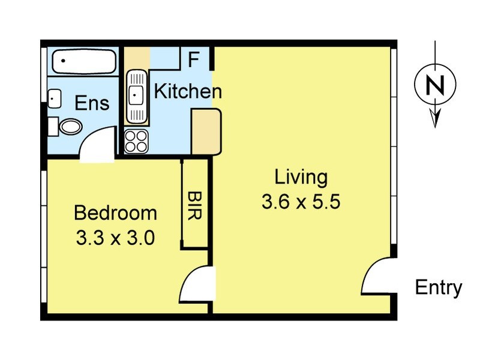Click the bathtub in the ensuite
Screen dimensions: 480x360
[84, 62]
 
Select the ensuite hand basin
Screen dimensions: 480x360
[55, 98]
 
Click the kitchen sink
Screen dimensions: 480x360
[137, 97]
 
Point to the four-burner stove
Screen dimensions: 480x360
[136, 141]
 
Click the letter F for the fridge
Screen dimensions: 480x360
[193, 59]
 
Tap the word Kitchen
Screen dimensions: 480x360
[188, 91]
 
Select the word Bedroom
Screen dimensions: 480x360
[115, 213]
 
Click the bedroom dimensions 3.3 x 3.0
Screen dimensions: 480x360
[115, 238]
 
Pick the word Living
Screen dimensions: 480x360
[301, 178]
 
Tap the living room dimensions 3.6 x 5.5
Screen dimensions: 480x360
[301, 202]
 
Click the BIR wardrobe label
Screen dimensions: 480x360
[194, 205]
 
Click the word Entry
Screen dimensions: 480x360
[439, 289]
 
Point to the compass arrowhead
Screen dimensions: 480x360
[435, 117]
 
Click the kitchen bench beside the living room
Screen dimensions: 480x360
[206, 131]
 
